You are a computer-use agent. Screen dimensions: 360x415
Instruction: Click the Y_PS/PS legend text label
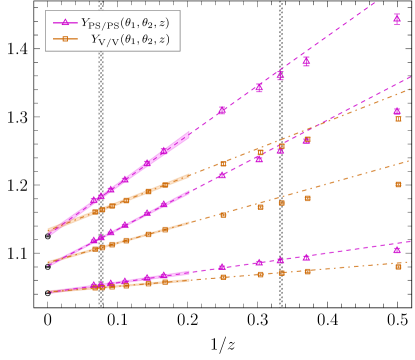click(127, 21)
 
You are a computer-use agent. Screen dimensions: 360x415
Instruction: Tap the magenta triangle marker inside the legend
click(66, 21)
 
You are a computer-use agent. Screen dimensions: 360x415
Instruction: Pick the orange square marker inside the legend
click(66, 39)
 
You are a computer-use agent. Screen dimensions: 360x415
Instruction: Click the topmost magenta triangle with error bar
click(397, 18)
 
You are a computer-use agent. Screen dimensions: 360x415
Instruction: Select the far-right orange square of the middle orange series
click(398, 184)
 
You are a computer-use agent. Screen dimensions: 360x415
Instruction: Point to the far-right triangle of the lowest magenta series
click(397, 249)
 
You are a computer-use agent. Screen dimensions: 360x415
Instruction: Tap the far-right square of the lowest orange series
click(398, 266)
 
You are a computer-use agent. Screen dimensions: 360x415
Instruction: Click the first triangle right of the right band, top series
click(306, 62)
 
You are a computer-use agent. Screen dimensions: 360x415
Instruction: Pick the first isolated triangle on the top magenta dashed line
click(222, 110)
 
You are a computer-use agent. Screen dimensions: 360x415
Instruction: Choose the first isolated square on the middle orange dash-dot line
click(223, 214)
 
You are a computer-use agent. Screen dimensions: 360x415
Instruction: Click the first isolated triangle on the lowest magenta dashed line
click(222, 266)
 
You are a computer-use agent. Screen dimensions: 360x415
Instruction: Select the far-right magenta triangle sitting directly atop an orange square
click(397, 111)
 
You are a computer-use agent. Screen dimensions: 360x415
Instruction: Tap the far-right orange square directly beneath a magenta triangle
click(398, 118)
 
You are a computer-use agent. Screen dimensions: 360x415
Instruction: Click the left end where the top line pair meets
click(49, 231)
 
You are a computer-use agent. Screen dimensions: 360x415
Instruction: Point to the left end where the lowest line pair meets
click(49, 292)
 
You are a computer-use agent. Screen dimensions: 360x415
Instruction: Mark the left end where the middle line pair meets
click(49, 262)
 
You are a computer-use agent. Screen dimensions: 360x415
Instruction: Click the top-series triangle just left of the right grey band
click(259, 88)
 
